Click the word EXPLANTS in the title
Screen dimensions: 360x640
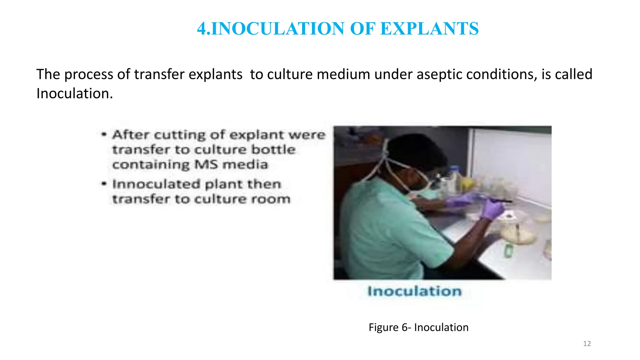click(x=430, y=29)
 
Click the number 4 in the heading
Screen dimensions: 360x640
click(x=202, y=29)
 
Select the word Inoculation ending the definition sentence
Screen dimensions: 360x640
click(x=74, y=93)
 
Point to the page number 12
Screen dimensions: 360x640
click(x=587, y=344)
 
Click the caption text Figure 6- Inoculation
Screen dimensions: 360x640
click(x=418, y=327)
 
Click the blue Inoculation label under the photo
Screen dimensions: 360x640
click(x=414, y=291)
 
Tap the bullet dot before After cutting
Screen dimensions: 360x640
click(x=104, y=135)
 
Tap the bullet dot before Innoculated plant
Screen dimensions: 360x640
click(x=104, y=184)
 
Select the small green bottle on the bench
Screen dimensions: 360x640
click(x=509, y=250)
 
